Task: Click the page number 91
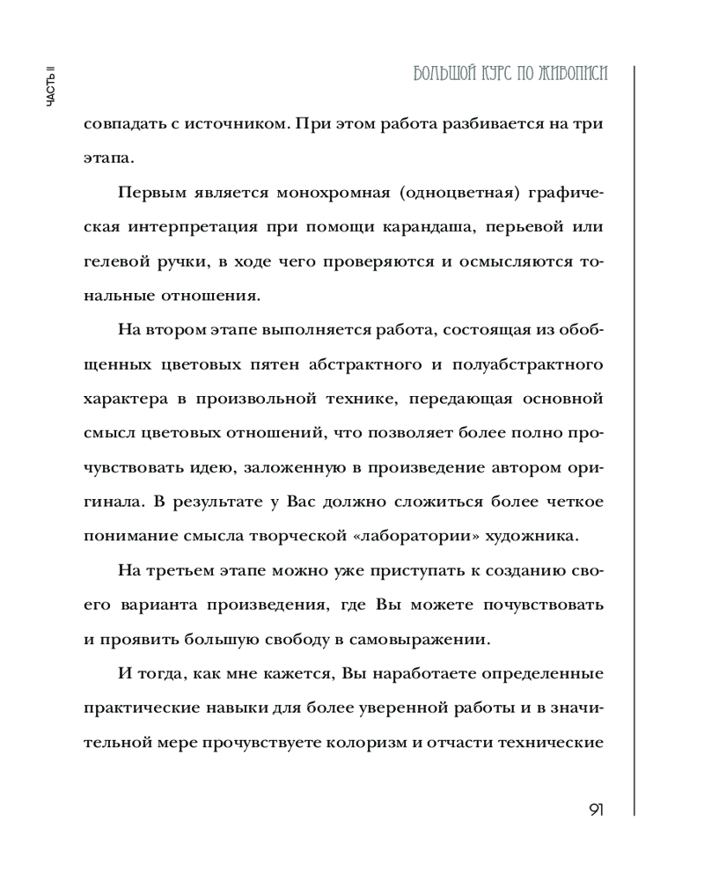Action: (591, 810)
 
